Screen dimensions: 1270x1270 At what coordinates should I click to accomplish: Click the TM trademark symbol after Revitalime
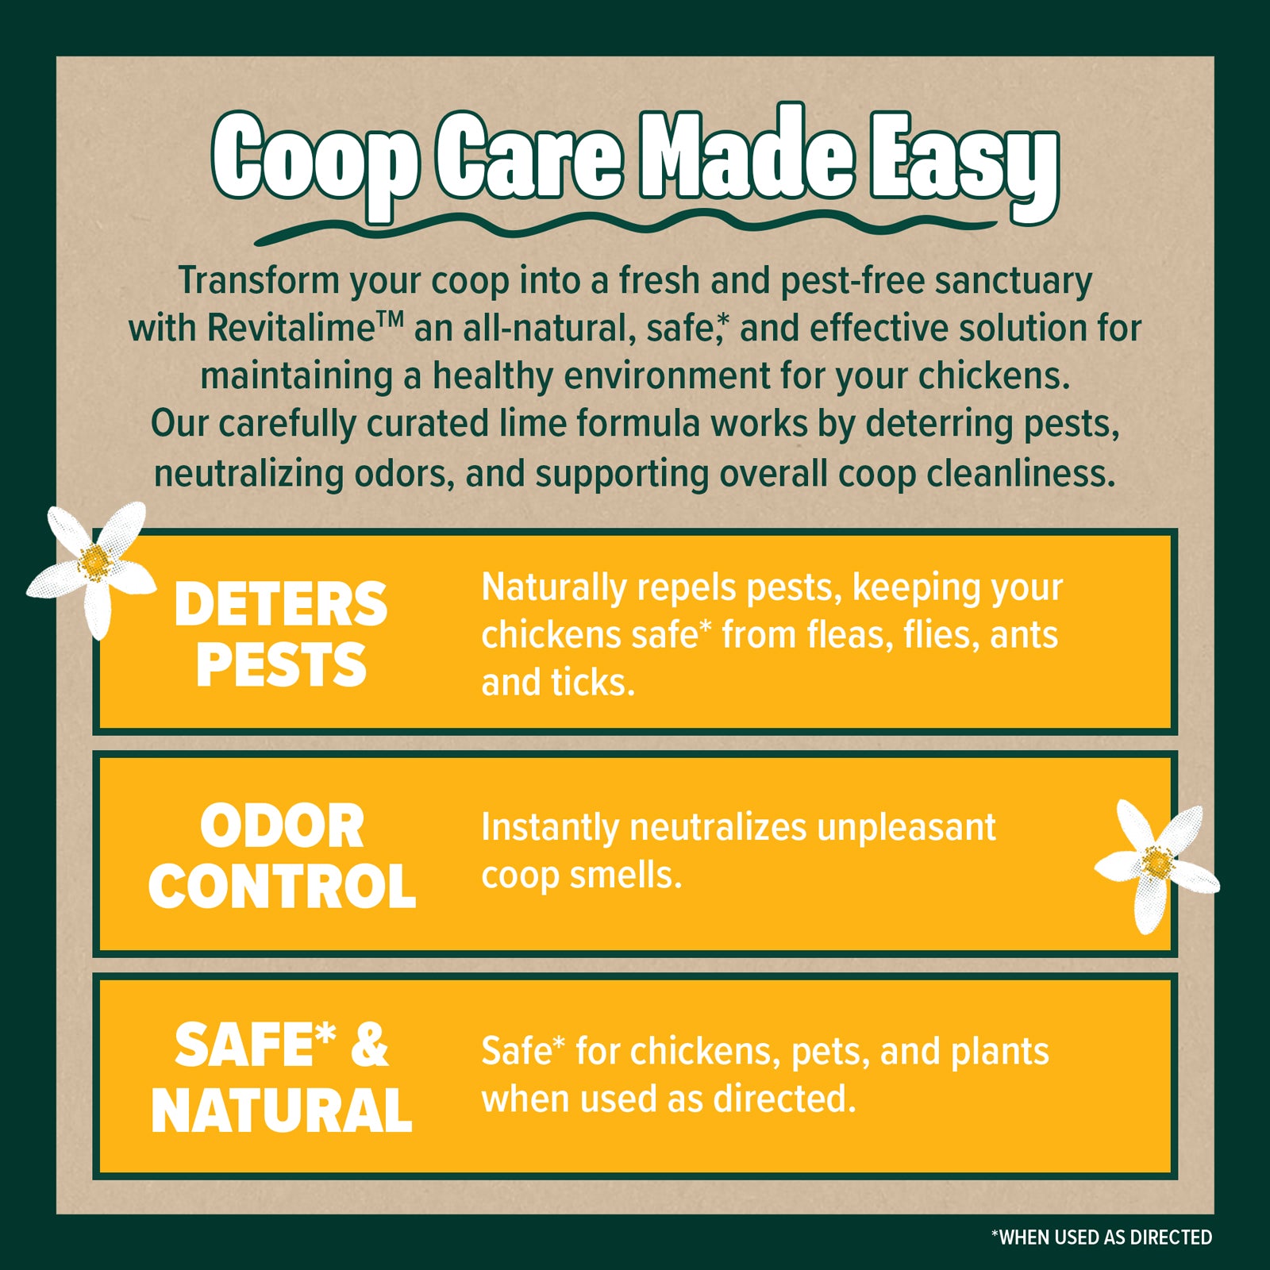pyautogui.click(x=390, y=320)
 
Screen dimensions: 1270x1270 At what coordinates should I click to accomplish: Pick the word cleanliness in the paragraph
pyautogui.click(x=1022, y=473)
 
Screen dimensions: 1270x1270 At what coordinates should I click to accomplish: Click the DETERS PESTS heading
pyautogui.click(x=281, y=633)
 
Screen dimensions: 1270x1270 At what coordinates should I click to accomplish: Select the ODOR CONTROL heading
pyautogui.click(x=282, y=856)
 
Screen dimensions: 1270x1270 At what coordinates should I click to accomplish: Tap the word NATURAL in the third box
pyautogui.click(x=282, y=1110)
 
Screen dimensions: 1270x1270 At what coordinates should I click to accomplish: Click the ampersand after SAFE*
pyautogui.click(x=369, y=1044)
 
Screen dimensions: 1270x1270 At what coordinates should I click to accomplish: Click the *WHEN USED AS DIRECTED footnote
pyautogui.click(x=1102, y=1237)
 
